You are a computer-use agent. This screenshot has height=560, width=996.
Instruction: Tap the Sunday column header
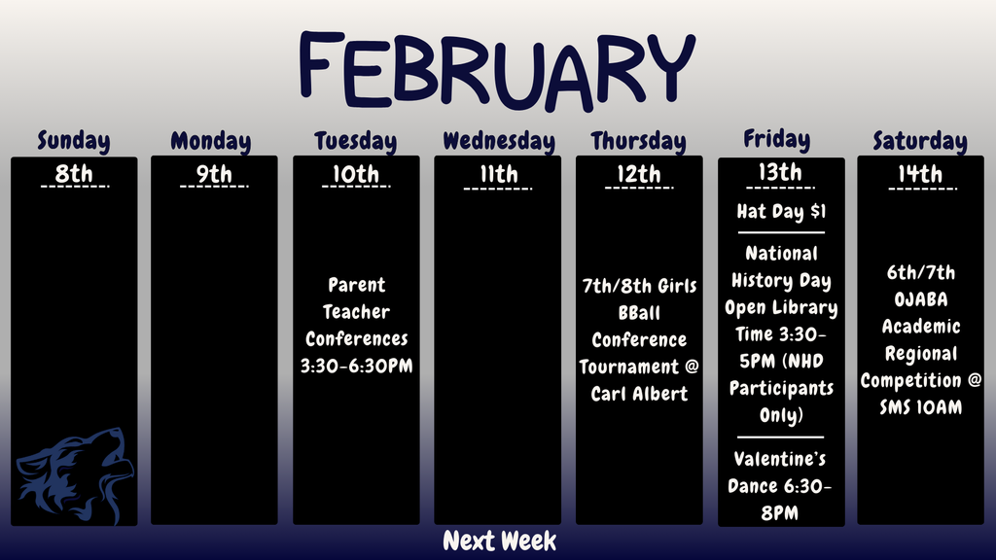coord(74,141)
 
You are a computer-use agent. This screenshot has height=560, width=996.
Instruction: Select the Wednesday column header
coord(498,141)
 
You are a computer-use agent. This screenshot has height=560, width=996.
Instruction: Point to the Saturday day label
coord(919,141)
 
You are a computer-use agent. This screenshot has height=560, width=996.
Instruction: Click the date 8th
coord(74,175)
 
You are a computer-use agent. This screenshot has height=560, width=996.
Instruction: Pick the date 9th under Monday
coord(214,175)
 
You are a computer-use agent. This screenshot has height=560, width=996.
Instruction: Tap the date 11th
coord(498,175)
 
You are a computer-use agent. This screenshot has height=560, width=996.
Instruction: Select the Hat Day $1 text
coord(781,212)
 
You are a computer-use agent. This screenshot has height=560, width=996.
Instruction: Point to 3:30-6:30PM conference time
coord(356,367)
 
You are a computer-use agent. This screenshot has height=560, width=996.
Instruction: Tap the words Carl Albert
coord(639,394)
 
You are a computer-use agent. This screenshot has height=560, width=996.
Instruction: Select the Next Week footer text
coord(499,542)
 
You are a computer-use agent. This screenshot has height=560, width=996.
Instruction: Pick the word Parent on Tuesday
coord(356,285)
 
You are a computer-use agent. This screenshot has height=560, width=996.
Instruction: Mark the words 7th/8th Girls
coord(639,286)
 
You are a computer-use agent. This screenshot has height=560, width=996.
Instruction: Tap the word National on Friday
coord(781,254)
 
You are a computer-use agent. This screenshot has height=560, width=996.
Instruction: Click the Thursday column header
coord(638,141)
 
